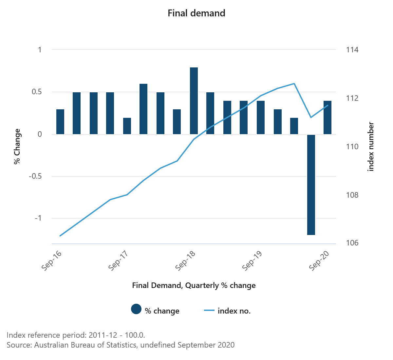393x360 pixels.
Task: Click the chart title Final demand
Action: (x=196, y=13)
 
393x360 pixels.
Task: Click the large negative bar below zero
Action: (x=311, y=185)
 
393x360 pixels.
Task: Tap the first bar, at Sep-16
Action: (x=60, y=122)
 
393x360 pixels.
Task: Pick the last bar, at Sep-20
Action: (x=327, y=117)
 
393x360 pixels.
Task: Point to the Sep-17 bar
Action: (x=127, y=126)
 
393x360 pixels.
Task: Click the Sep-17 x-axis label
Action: (x=118, y=261)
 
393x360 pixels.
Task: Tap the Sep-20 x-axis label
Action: (x=319, y=261)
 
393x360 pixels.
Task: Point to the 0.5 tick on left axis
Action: (x=37, y=92)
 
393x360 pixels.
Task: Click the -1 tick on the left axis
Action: (x=39, y=218)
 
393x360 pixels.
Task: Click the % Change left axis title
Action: (x=17, y=146)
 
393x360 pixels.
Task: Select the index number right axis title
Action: (x=371, y=147)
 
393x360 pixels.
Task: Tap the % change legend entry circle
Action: (x=136, y=309)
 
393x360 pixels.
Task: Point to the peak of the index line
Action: (x=294, y=83)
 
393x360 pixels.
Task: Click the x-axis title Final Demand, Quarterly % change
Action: (x=194, y=285)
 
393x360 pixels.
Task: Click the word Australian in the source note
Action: (x=51, y=345)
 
